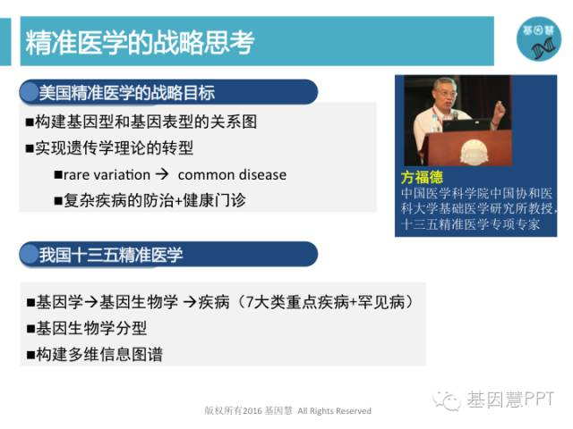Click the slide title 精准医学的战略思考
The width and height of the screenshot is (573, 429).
tap(140, 42)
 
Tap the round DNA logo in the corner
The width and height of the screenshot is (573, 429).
tap(539, 39)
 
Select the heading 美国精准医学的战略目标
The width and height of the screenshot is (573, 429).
tap(127, 93)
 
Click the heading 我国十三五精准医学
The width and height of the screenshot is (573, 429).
tap(111, 254)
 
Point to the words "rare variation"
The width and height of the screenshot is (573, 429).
tap(107, 175)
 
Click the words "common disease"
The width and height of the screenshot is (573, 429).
tap(232, 175)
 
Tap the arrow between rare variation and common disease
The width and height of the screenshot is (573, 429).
tap(162, 174)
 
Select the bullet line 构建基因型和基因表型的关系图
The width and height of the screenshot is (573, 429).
tap(141, 122)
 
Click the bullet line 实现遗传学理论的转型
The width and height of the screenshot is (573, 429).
tap(109, 147)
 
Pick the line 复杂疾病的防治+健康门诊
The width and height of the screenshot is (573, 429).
tap(150, 200)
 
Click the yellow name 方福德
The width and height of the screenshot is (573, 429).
tap(422, 178)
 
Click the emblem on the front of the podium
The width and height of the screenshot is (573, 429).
tap(474, 152)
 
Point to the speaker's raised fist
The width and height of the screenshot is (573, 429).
tap(500, 107)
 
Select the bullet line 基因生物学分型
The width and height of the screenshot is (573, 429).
tap(87, 328)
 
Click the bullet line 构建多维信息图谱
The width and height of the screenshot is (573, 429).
tap(95, 354)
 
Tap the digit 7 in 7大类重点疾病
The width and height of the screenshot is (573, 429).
tap(250, 302)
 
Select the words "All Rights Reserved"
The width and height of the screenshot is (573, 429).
tap(334, 411)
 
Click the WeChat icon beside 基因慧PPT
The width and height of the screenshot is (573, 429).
tap(447, 400)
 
